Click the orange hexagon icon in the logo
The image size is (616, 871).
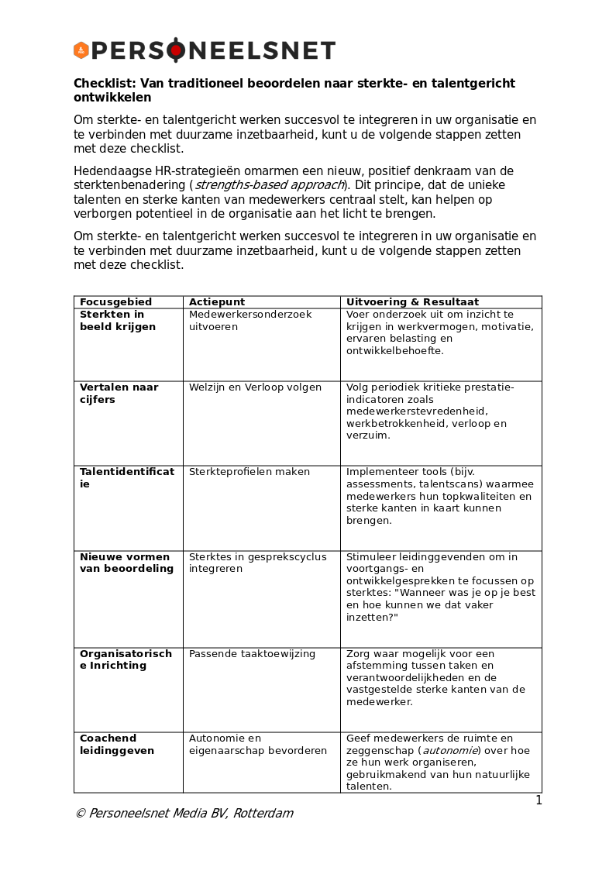pos(81,50)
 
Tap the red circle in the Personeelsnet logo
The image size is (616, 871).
pos(176,50)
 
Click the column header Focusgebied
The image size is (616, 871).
pos(115,302)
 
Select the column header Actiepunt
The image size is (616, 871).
pos(217,302)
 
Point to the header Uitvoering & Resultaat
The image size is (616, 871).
pos(412,302)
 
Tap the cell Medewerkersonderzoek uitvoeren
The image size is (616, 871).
pos(250,321)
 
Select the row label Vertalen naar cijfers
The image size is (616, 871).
pos(119,394)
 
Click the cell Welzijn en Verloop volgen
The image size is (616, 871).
pos(255,387)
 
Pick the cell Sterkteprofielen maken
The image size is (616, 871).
pos(249,472)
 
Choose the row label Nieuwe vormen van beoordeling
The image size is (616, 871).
pos(126,563)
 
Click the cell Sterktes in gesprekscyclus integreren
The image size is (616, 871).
pos(257,563)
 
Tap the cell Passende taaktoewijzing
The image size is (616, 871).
pos(252,654)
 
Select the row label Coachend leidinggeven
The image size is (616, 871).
pos(117,745)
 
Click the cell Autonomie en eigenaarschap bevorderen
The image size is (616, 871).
pos(257,745)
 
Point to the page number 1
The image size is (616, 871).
pos(539,800)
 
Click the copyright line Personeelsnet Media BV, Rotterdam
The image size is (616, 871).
pos(184,814)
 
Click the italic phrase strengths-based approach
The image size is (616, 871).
pos(269,185)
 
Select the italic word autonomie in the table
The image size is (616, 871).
pos(449,751)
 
